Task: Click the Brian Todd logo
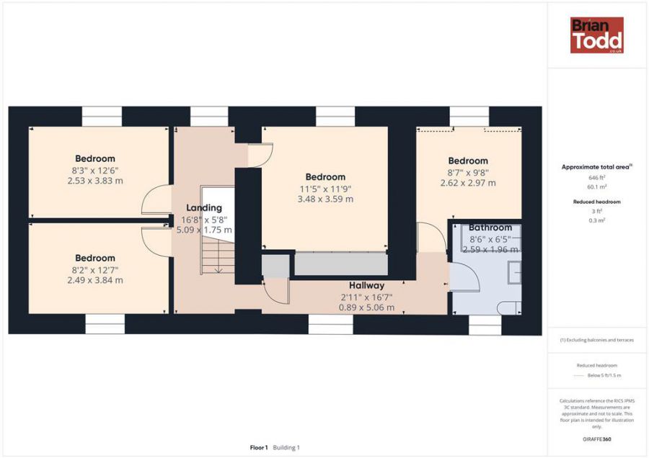coord(597,35)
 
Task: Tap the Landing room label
coord(204,208)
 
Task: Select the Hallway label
coord(367,285)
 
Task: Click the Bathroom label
coord(490,228)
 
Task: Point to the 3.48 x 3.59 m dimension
coord(325,199)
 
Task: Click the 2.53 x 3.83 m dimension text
coord(95,181)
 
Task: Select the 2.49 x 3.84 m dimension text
coord(95,280)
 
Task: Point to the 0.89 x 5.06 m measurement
coord(367,307)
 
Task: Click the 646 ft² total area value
coord(597,178)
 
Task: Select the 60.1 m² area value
coord(597,187)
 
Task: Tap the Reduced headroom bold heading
coord(597,202)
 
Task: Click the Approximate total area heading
coord(597,167)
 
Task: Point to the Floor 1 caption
coord(259,447)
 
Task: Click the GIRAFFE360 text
coord(597,439)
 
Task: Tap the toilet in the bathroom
coord(510,307)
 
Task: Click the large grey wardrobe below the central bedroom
coord(341,264)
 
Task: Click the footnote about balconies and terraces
coord(597,340)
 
